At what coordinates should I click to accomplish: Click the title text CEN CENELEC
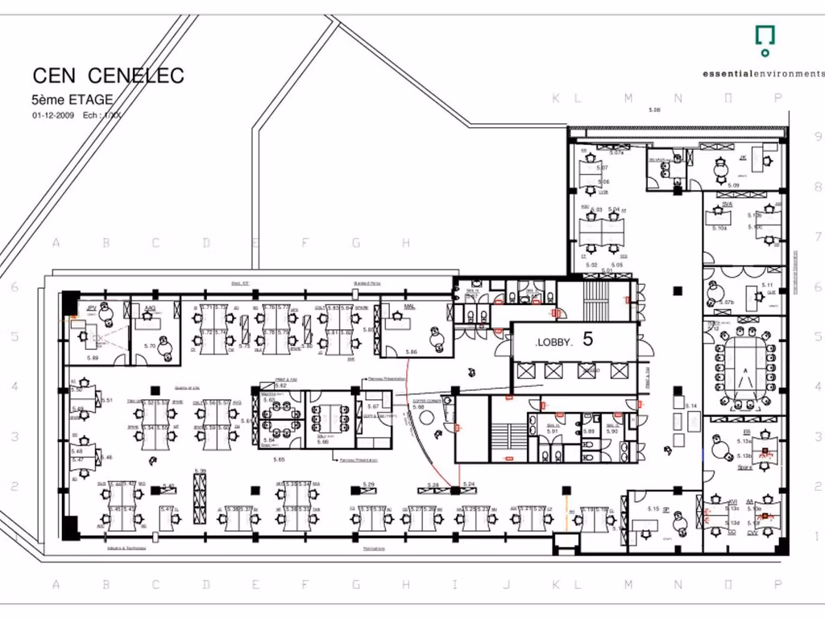108,76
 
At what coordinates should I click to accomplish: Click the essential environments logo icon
765,36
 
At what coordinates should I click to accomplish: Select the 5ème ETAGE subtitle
72,101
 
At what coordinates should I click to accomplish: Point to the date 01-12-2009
53,116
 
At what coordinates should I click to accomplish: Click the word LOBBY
553,343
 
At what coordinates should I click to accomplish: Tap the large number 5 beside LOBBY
587,340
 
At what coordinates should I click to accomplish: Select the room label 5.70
149,346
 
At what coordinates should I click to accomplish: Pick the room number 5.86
412,352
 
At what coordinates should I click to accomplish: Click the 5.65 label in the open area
280,459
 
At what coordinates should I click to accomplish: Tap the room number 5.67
373,407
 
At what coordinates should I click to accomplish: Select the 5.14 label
690,406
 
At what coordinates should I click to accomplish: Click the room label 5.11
767,286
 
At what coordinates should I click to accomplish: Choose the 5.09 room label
733,186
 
